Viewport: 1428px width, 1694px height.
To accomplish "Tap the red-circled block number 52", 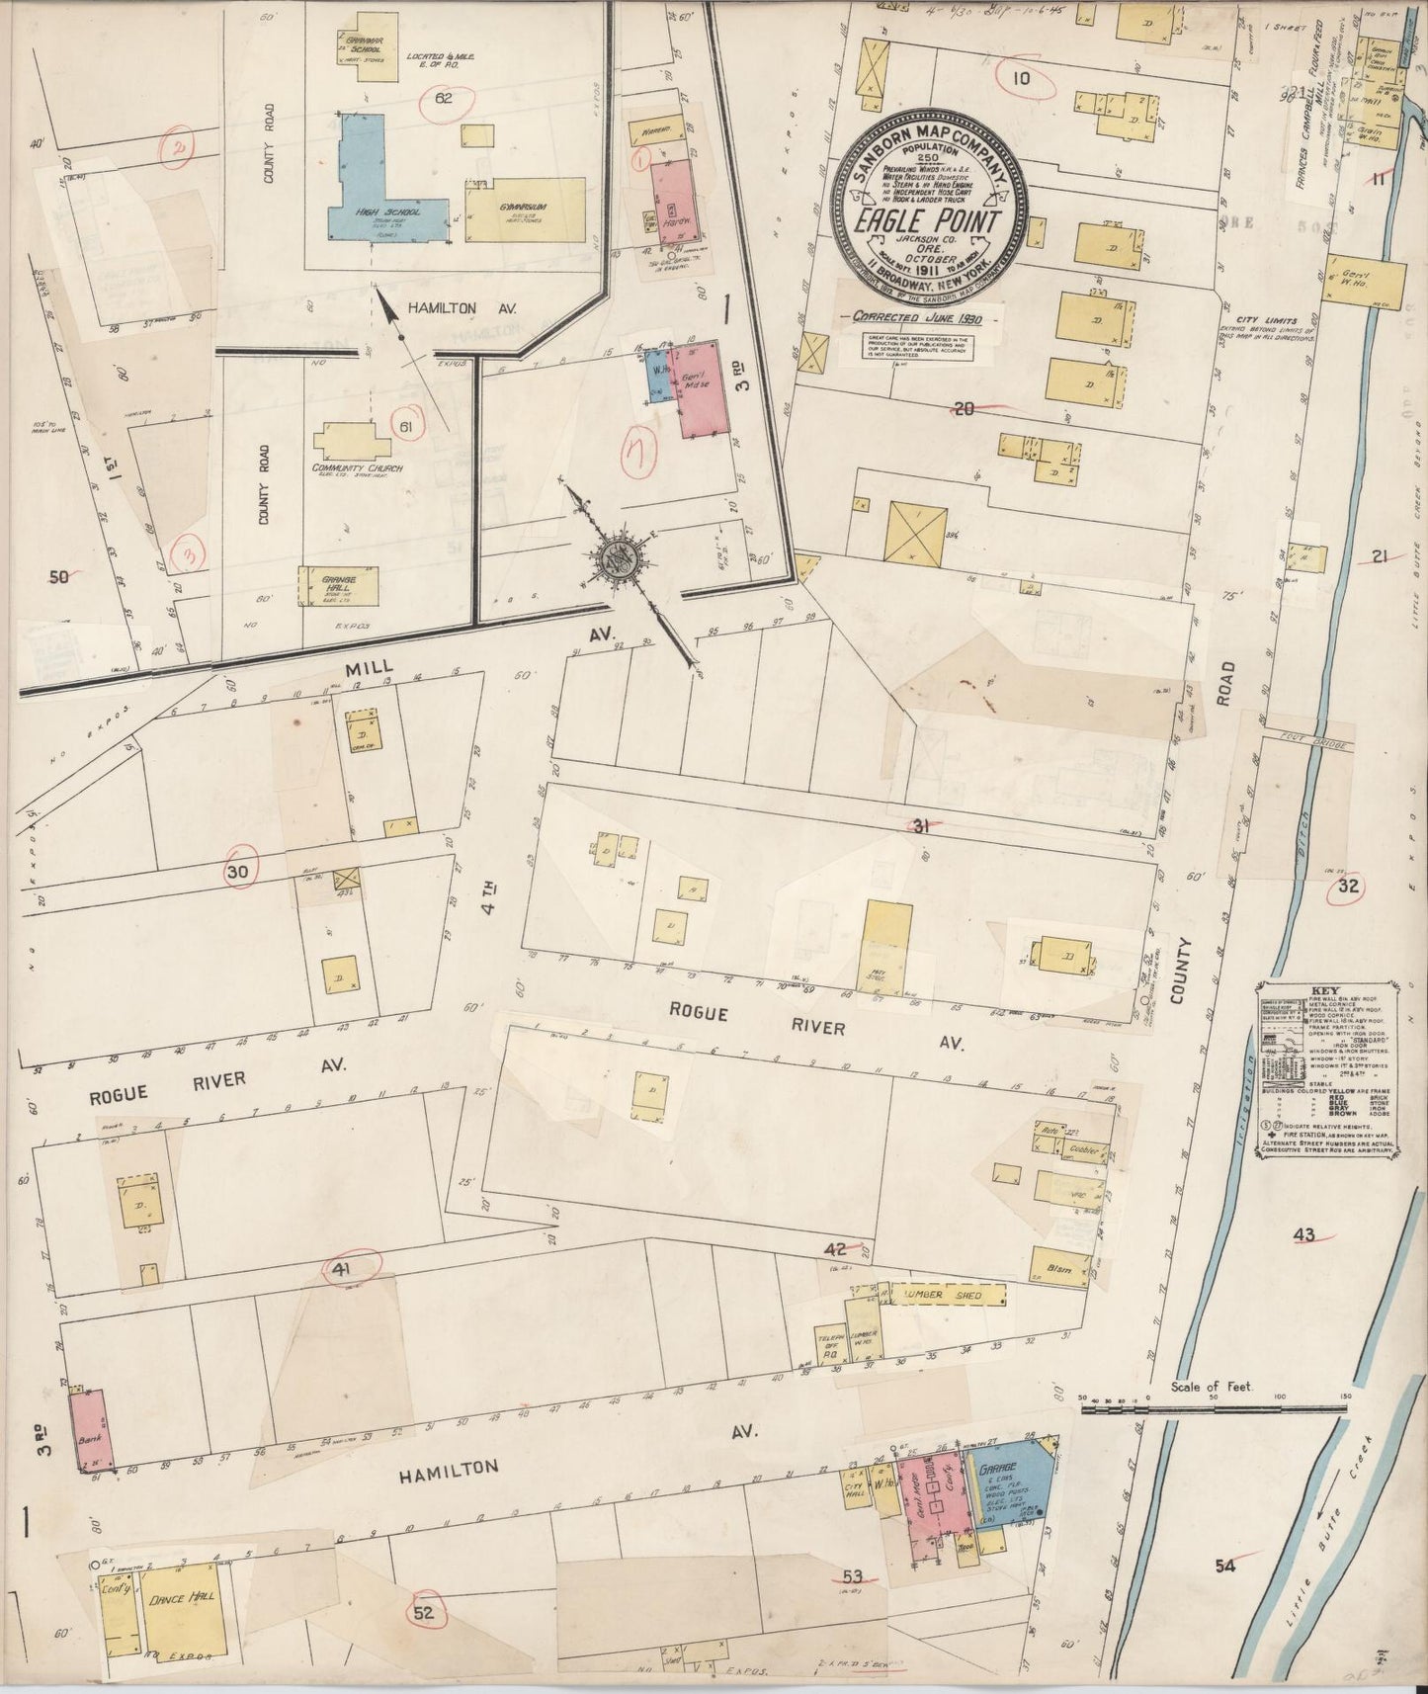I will pyautogui.click(x=425, y=1614).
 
